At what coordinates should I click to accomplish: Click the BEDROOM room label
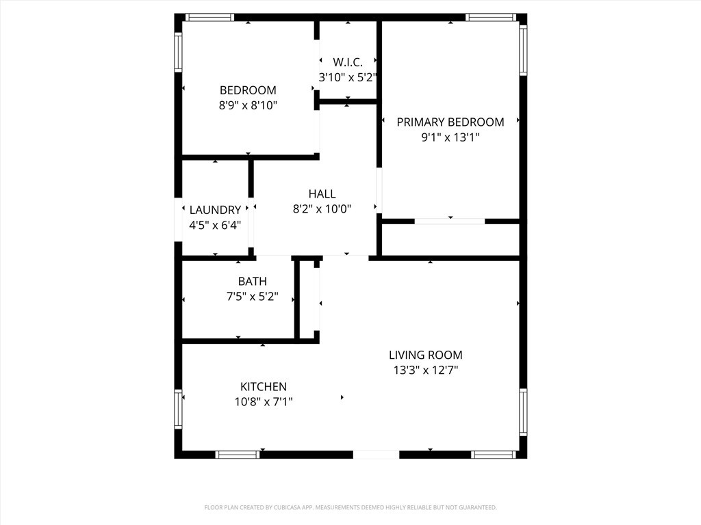click(248, 90)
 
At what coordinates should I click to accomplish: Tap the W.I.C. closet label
click(348, 62)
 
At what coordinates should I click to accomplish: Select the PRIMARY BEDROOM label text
click(450, 122)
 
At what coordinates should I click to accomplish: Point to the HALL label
click(322, 194)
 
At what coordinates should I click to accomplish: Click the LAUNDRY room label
click(215, 211)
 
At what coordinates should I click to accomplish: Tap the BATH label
click(253, 282)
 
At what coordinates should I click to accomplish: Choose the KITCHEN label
click(264, 387)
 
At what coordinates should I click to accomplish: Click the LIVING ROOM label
click(426, 355)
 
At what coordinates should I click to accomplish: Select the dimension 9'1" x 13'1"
click(450, 137)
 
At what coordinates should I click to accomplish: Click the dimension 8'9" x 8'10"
click(248, 105)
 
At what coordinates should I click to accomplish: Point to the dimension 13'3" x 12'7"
click(426, 371)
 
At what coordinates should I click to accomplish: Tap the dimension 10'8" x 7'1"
click(264, 402)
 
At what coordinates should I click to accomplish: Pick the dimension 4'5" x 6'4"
click(215, 225)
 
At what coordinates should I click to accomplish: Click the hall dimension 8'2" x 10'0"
click(322, 209)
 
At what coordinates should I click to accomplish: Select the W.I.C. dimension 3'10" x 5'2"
click(348, 77)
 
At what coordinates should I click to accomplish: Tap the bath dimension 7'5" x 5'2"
click(253, 297)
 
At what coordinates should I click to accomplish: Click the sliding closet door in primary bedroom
click(450, 221)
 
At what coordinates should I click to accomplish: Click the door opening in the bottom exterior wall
click(376, 454)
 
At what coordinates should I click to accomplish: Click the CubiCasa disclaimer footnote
click(350, 507)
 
